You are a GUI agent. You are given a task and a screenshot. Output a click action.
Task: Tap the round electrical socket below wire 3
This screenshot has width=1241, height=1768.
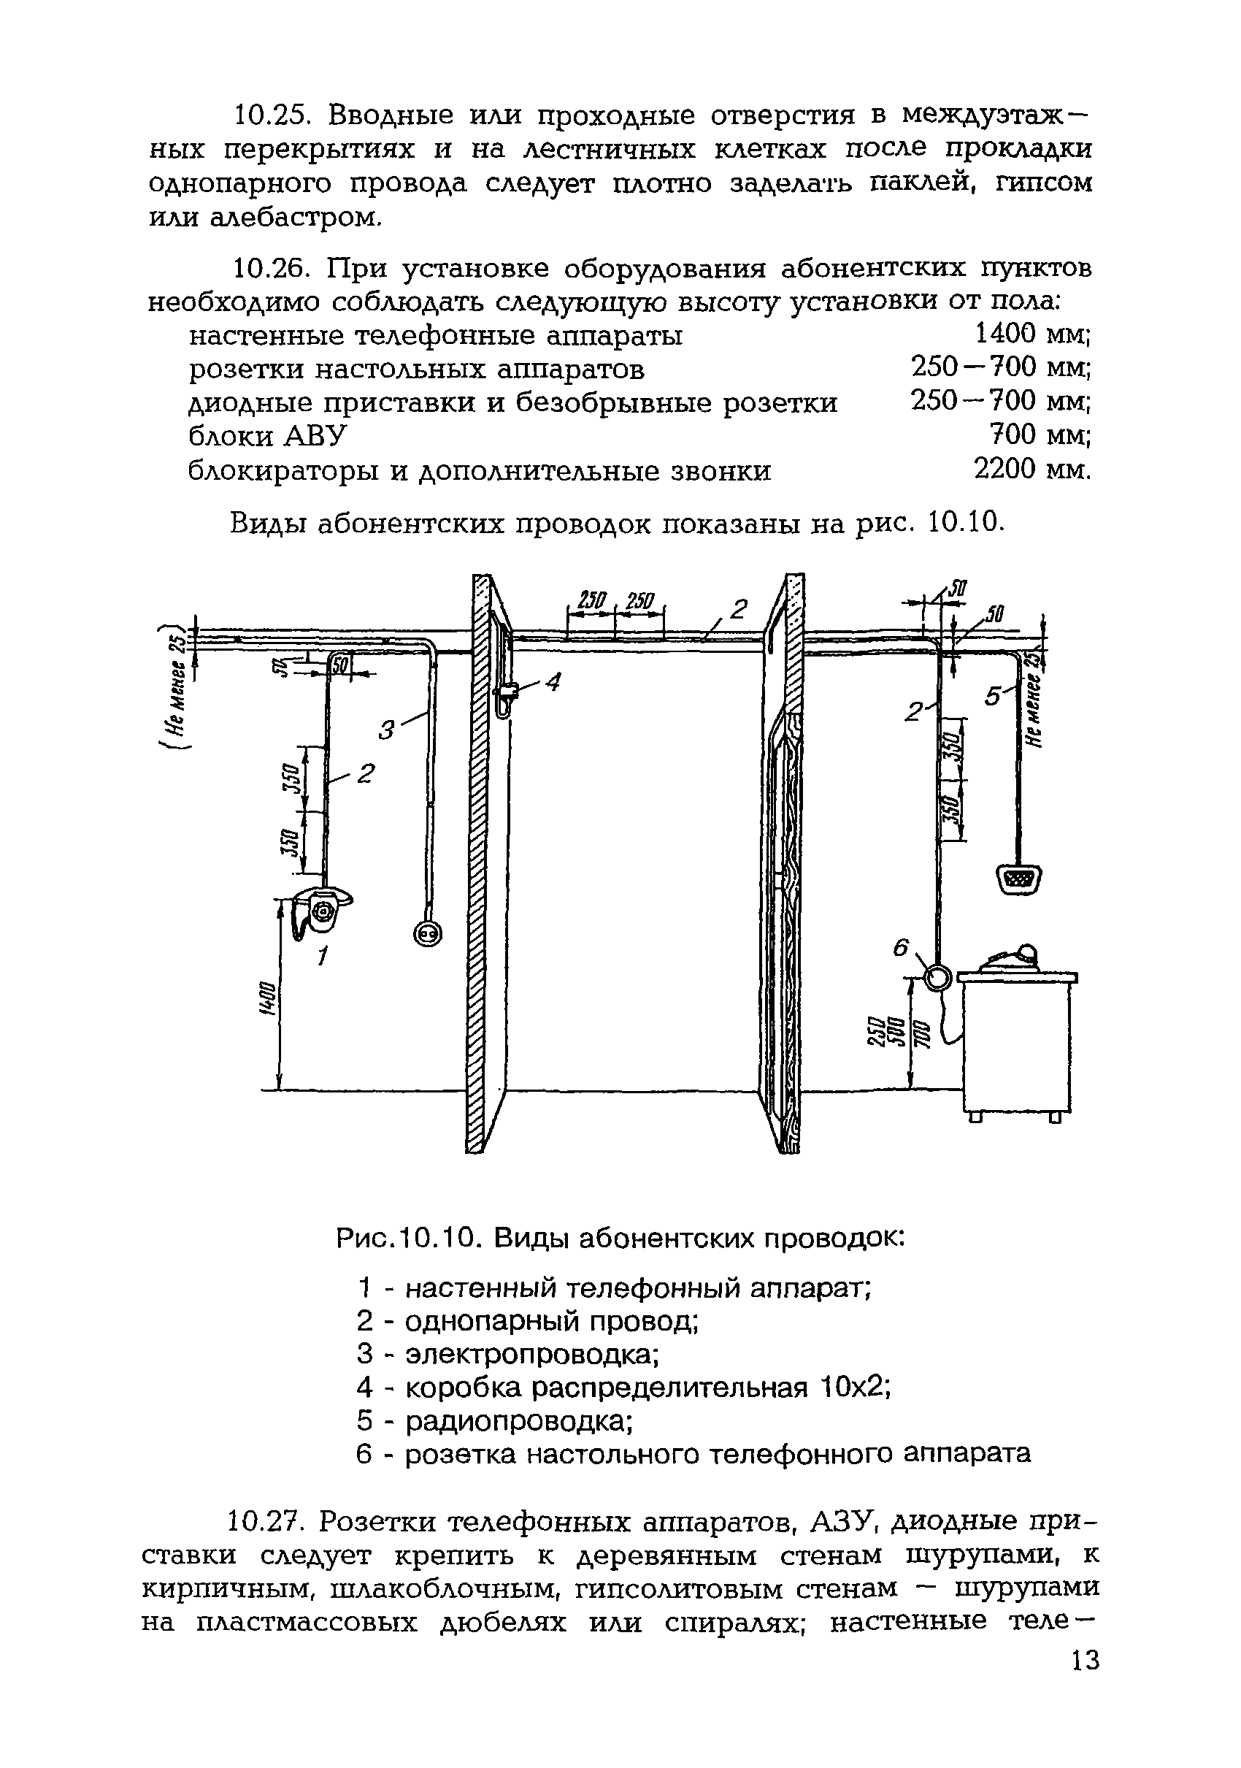click(427, 934)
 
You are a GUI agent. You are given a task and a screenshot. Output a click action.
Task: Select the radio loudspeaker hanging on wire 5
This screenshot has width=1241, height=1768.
click(1020, 879)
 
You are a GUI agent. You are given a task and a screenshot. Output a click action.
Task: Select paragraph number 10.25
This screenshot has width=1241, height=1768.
click(271, 115)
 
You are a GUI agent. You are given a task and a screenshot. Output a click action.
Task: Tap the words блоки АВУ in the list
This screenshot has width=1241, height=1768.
click(267, 437)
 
